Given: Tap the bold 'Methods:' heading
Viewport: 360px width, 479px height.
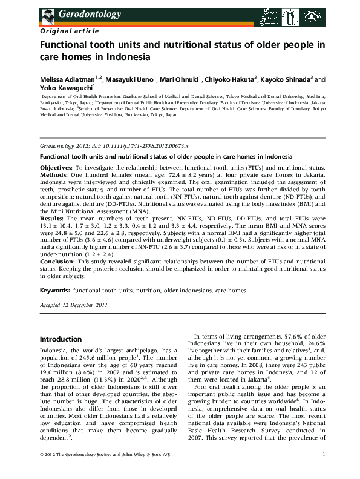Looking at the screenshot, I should [x=54, y=174].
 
